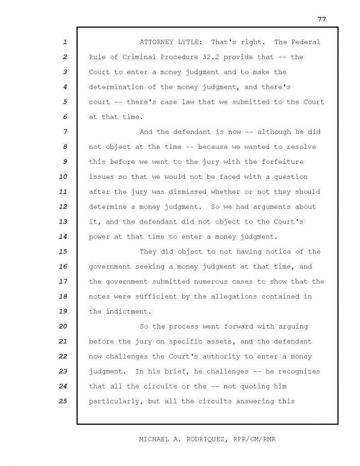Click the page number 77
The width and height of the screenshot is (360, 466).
pos(322,19)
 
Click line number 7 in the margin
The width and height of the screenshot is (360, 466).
pos(65,132)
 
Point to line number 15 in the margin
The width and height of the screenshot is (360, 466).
pos(63,252)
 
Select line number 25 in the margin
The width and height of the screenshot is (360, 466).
pos(63,401)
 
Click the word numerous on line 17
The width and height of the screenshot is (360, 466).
pos(206,282)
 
